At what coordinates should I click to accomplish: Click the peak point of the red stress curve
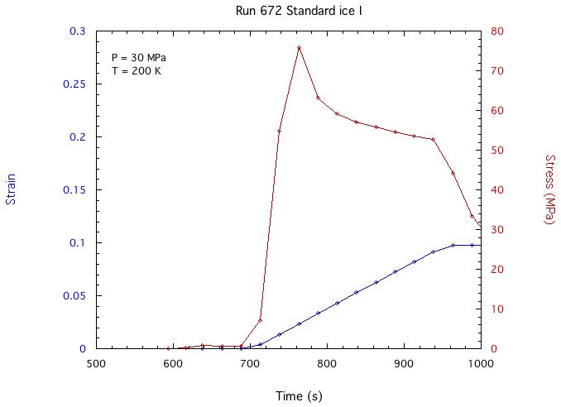pos(299,48)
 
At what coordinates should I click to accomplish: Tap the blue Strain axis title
pos(11,189)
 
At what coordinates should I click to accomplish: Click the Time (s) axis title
pos(287,396)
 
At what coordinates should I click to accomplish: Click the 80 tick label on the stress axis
pos(499,31)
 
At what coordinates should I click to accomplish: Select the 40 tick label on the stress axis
pos(499,190)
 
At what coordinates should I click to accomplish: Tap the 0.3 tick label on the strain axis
pos(78,31)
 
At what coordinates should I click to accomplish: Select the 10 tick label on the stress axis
pos(499,309)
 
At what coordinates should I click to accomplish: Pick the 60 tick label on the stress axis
pos(499,111)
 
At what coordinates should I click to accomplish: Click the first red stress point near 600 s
pos(169,348)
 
